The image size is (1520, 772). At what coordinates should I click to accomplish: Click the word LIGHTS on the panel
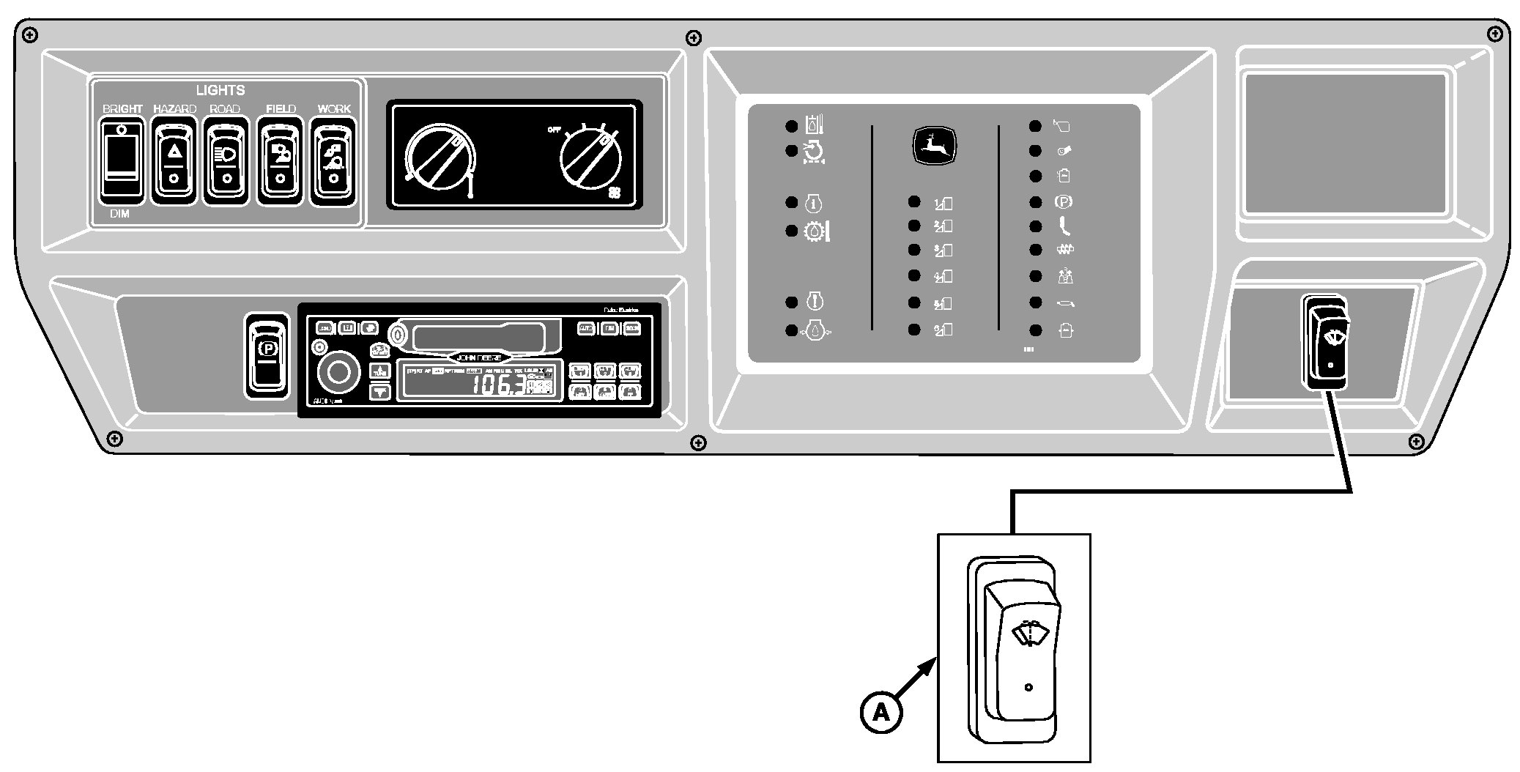pyautogui.click(x=220, y=90)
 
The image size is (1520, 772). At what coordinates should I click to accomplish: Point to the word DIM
pyautogui.click(x=119, y=214)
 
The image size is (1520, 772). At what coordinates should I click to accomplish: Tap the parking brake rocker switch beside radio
pyautogui.click(x=266, y=357)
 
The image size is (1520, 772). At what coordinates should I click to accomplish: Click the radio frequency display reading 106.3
pyautogui.click(x=498, y=384)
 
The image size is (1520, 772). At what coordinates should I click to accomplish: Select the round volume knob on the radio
pyautogui.click(x=338, y=372)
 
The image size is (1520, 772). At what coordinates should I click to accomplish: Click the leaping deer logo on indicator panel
pyautogui.click(x=934, y=146)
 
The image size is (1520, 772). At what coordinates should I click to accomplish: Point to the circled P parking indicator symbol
pyautogui.click(x=1063, y=201)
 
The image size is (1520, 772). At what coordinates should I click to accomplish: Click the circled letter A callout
pyautogui.click(x=881, y=712)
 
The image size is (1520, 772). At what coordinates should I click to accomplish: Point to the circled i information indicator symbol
pyautogui.click(x=815, y=203)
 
